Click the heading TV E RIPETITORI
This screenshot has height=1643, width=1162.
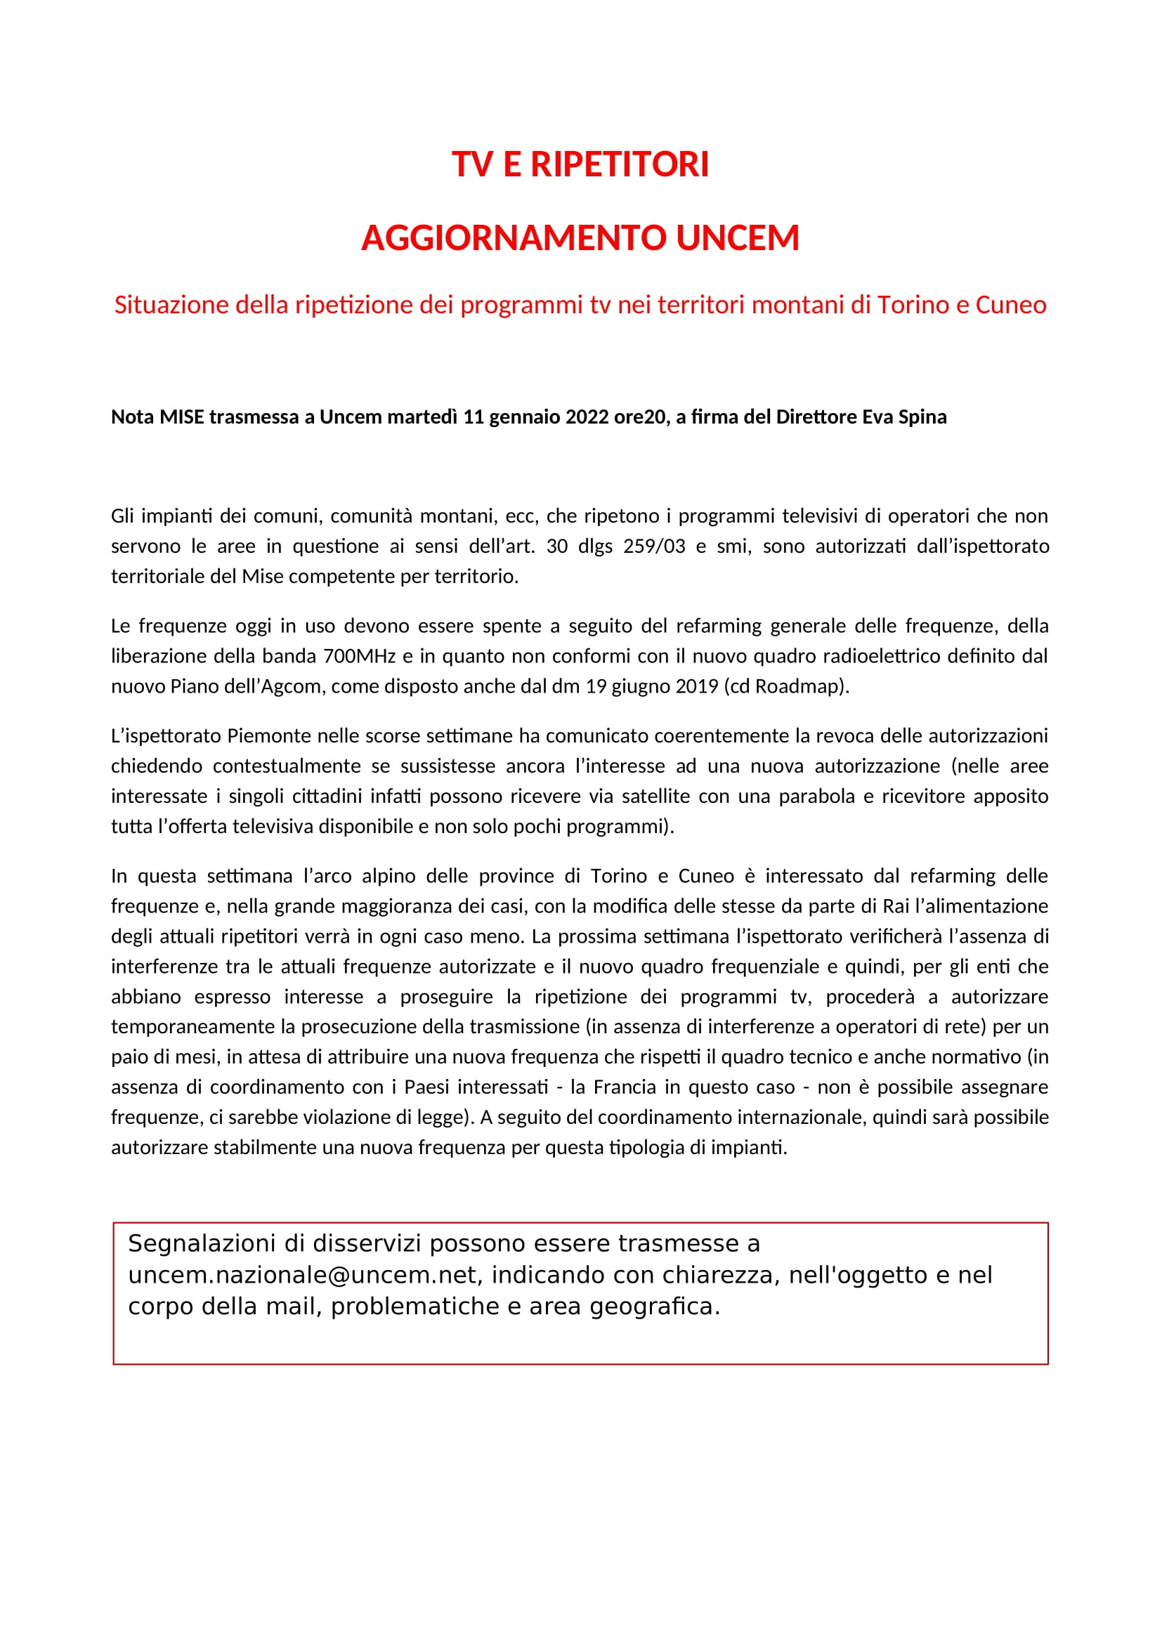tap(580, 164)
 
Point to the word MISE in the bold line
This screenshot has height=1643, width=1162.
tap(182, 417)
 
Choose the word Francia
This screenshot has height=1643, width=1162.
tap(625, 1087)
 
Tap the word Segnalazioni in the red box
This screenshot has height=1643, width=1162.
tap(202, 1243)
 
